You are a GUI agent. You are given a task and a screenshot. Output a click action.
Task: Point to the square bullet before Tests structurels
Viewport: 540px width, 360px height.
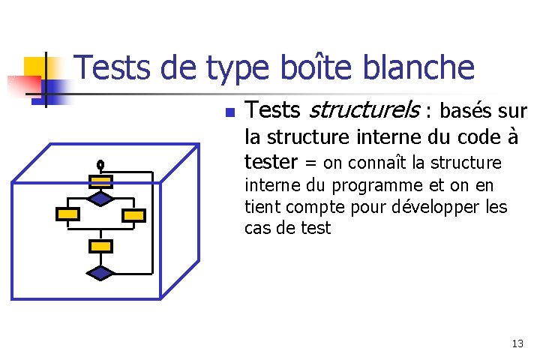[x=230, y=113]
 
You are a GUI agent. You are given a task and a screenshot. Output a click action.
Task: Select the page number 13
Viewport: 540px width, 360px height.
[x=517, y=343]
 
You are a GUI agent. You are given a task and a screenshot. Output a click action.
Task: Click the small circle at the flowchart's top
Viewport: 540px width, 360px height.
[x=100, y=164]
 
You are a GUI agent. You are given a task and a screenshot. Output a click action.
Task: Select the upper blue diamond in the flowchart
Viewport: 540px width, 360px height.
[x=100, y=198]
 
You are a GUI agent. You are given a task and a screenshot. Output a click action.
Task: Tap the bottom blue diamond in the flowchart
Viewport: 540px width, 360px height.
[x=100, y=273]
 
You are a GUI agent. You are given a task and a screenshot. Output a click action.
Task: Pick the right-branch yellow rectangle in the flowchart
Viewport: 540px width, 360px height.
[x=133, y=215]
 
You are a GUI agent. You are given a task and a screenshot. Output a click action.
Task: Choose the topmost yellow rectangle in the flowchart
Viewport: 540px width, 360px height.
[x=100, y=181]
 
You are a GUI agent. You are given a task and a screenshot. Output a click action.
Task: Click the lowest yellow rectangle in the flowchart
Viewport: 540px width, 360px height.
[x=100, y=245]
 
